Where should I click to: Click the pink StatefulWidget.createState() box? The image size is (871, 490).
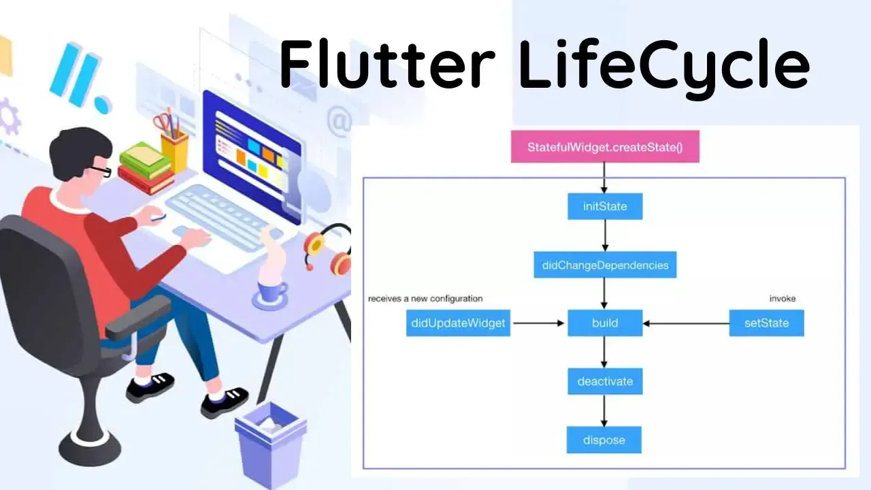[605, 147]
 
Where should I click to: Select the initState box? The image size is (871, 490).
[605, 206]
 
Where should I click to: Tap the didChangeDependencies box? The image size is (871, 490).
[605, 265]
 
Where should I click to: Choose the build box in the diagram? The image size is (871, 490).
[605, 323]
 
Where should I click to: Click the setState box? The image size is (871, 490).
[766, 323]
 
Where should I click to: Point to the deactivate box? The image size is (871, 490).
[605, 381]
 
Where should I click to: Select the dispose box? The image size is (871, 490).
[604, 440]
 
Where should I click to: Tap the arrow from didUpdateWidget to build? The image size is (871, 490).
[539, 323]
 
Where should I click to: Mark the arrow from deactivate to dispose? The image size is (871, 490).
[604, 410]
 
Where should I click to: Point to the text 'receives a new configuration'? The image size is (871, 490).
[425, 298]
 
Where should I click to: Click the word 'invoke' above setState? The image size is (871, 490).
[783, 298]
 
